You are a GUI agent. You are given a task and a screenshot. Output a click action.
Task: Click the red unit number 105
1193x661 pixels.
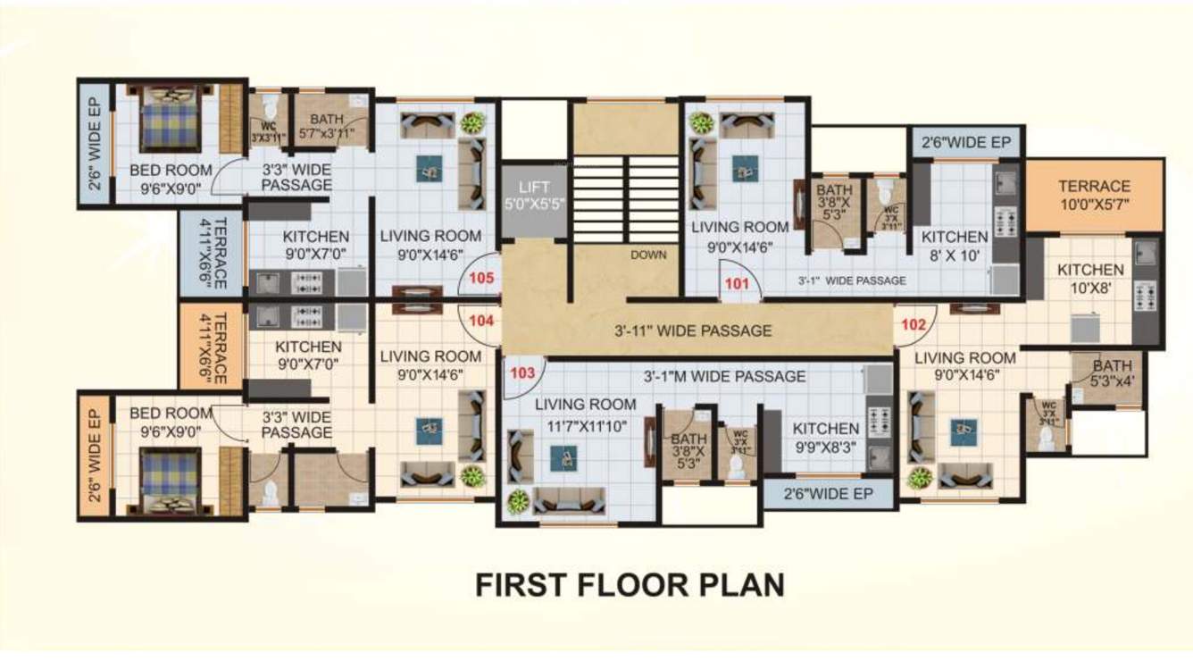point(481,278)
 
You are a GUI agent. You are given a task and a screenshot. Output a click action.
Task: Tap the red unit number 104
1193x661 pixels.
point(481,319)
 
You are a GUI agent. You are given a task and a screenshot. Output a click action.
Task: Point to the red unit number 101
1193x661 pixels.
point(737,285)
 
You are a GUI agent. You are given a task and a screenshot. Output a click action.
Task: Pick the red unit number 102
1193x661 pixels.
point(913,325)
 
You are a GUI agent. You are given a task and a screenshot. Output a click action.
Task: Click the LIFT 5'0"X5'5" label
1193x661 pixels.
point(533,195)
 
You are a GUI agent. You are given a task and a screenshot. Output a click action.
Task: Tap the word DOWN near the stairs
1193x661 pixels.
point(648,255)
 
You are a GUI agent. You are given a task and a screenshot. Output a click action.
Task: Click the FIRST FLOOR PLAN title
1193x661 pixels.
point(630,584)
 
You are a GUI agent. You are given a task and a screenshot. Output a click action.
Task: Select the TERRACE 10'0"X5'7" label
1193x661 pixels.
point(1094,195)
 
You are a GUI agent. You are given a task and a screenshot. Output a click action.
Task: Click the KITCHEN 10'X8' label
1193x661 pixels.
point(1090,278)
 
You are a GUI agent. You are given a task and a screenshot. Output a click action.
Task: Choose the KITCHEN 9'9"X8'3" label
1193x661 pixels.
point(826,437)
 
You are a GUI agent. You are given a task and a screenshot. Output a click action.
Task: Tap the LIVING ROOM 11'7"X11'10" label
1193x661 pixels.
point(586,413)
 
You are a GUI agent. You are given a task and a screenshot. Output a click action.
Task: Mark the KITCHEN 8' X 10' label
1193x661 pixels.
point(955,245)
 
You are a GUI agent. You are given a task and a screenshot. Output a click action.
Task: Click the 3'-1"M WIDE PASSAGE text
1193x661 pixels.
point(725,376)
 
